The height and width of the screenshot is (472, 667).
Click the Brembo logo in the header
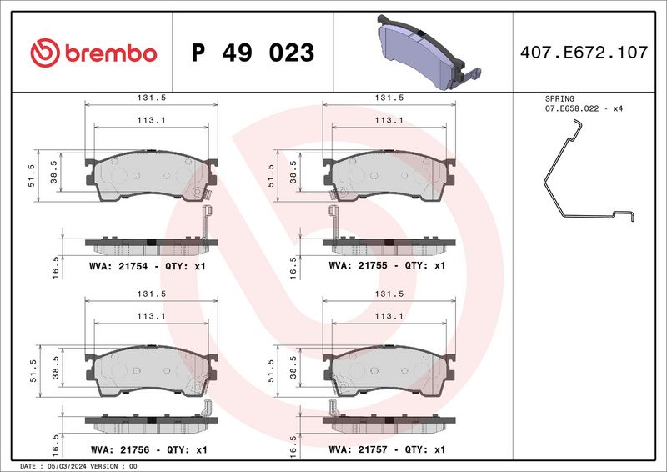pyautogui.click(x=93, y=53)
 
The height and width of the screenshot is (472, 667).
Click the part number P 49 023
pyautogui.click(x=253, y=53)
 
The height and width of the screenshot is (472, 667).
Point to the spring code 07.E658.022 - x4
pyautogui.click(x=584, y=109)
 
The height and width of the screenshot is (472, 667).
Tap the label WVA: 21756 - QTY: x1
pyautogui.click(x=147, y=449)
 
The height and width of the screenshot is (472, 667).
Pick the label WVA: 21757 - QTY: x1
pyautogui.click(x=387, y=449)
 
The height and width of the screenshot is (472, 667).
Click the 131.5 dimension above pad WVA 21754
pyautogui.click(x=151, y=98)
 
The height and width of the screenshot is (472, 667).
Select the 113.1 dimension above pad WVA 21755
pyautogui.click(x=387, y=119)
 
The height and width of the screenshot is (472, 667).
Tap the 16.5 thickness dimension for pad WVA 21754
pyautogui.click(x=55, y=266)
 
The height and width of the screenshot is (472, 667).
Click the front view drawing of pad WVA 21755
pyautogui.click(x=390, y=175)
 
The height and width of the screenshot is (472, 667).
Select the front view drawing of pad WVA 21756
pyautogui.click(x=151, y=369)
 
